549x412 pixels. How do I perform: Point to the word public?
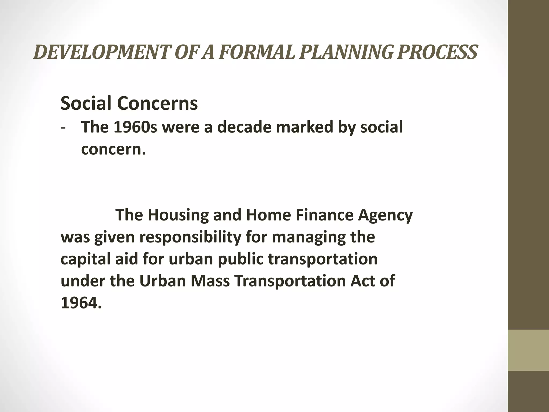point(240,259)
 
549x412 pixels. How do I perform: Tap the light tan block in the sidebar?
point(528,350)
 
